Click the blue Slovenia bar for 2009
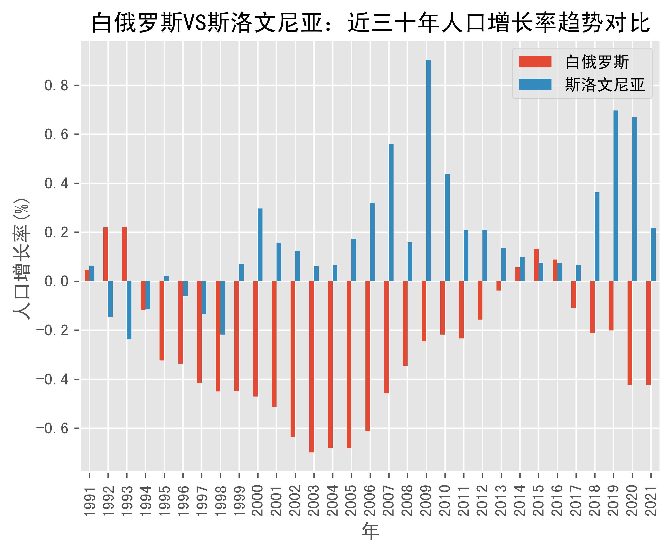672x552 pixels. coord(429,170)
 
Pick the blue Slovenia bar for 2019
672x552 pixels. coord(616,196)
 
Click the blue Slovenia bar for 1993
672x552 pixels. coord(129,310)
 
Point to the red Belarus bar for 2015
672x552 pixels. coord(536,265)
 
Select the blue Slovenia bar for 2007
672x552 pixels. coord(391,212)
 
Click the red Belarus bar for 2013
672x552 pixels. coord(499,285)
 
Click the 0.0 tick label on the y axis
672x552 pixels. coord(56,281)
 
